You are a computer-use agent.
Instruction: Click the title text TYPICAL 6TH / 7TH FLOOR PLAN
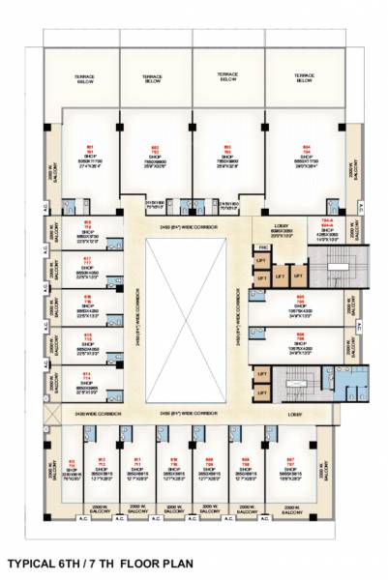coord(100,562)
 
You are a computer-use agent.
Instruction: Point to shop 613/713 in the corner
coord(73,468)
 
